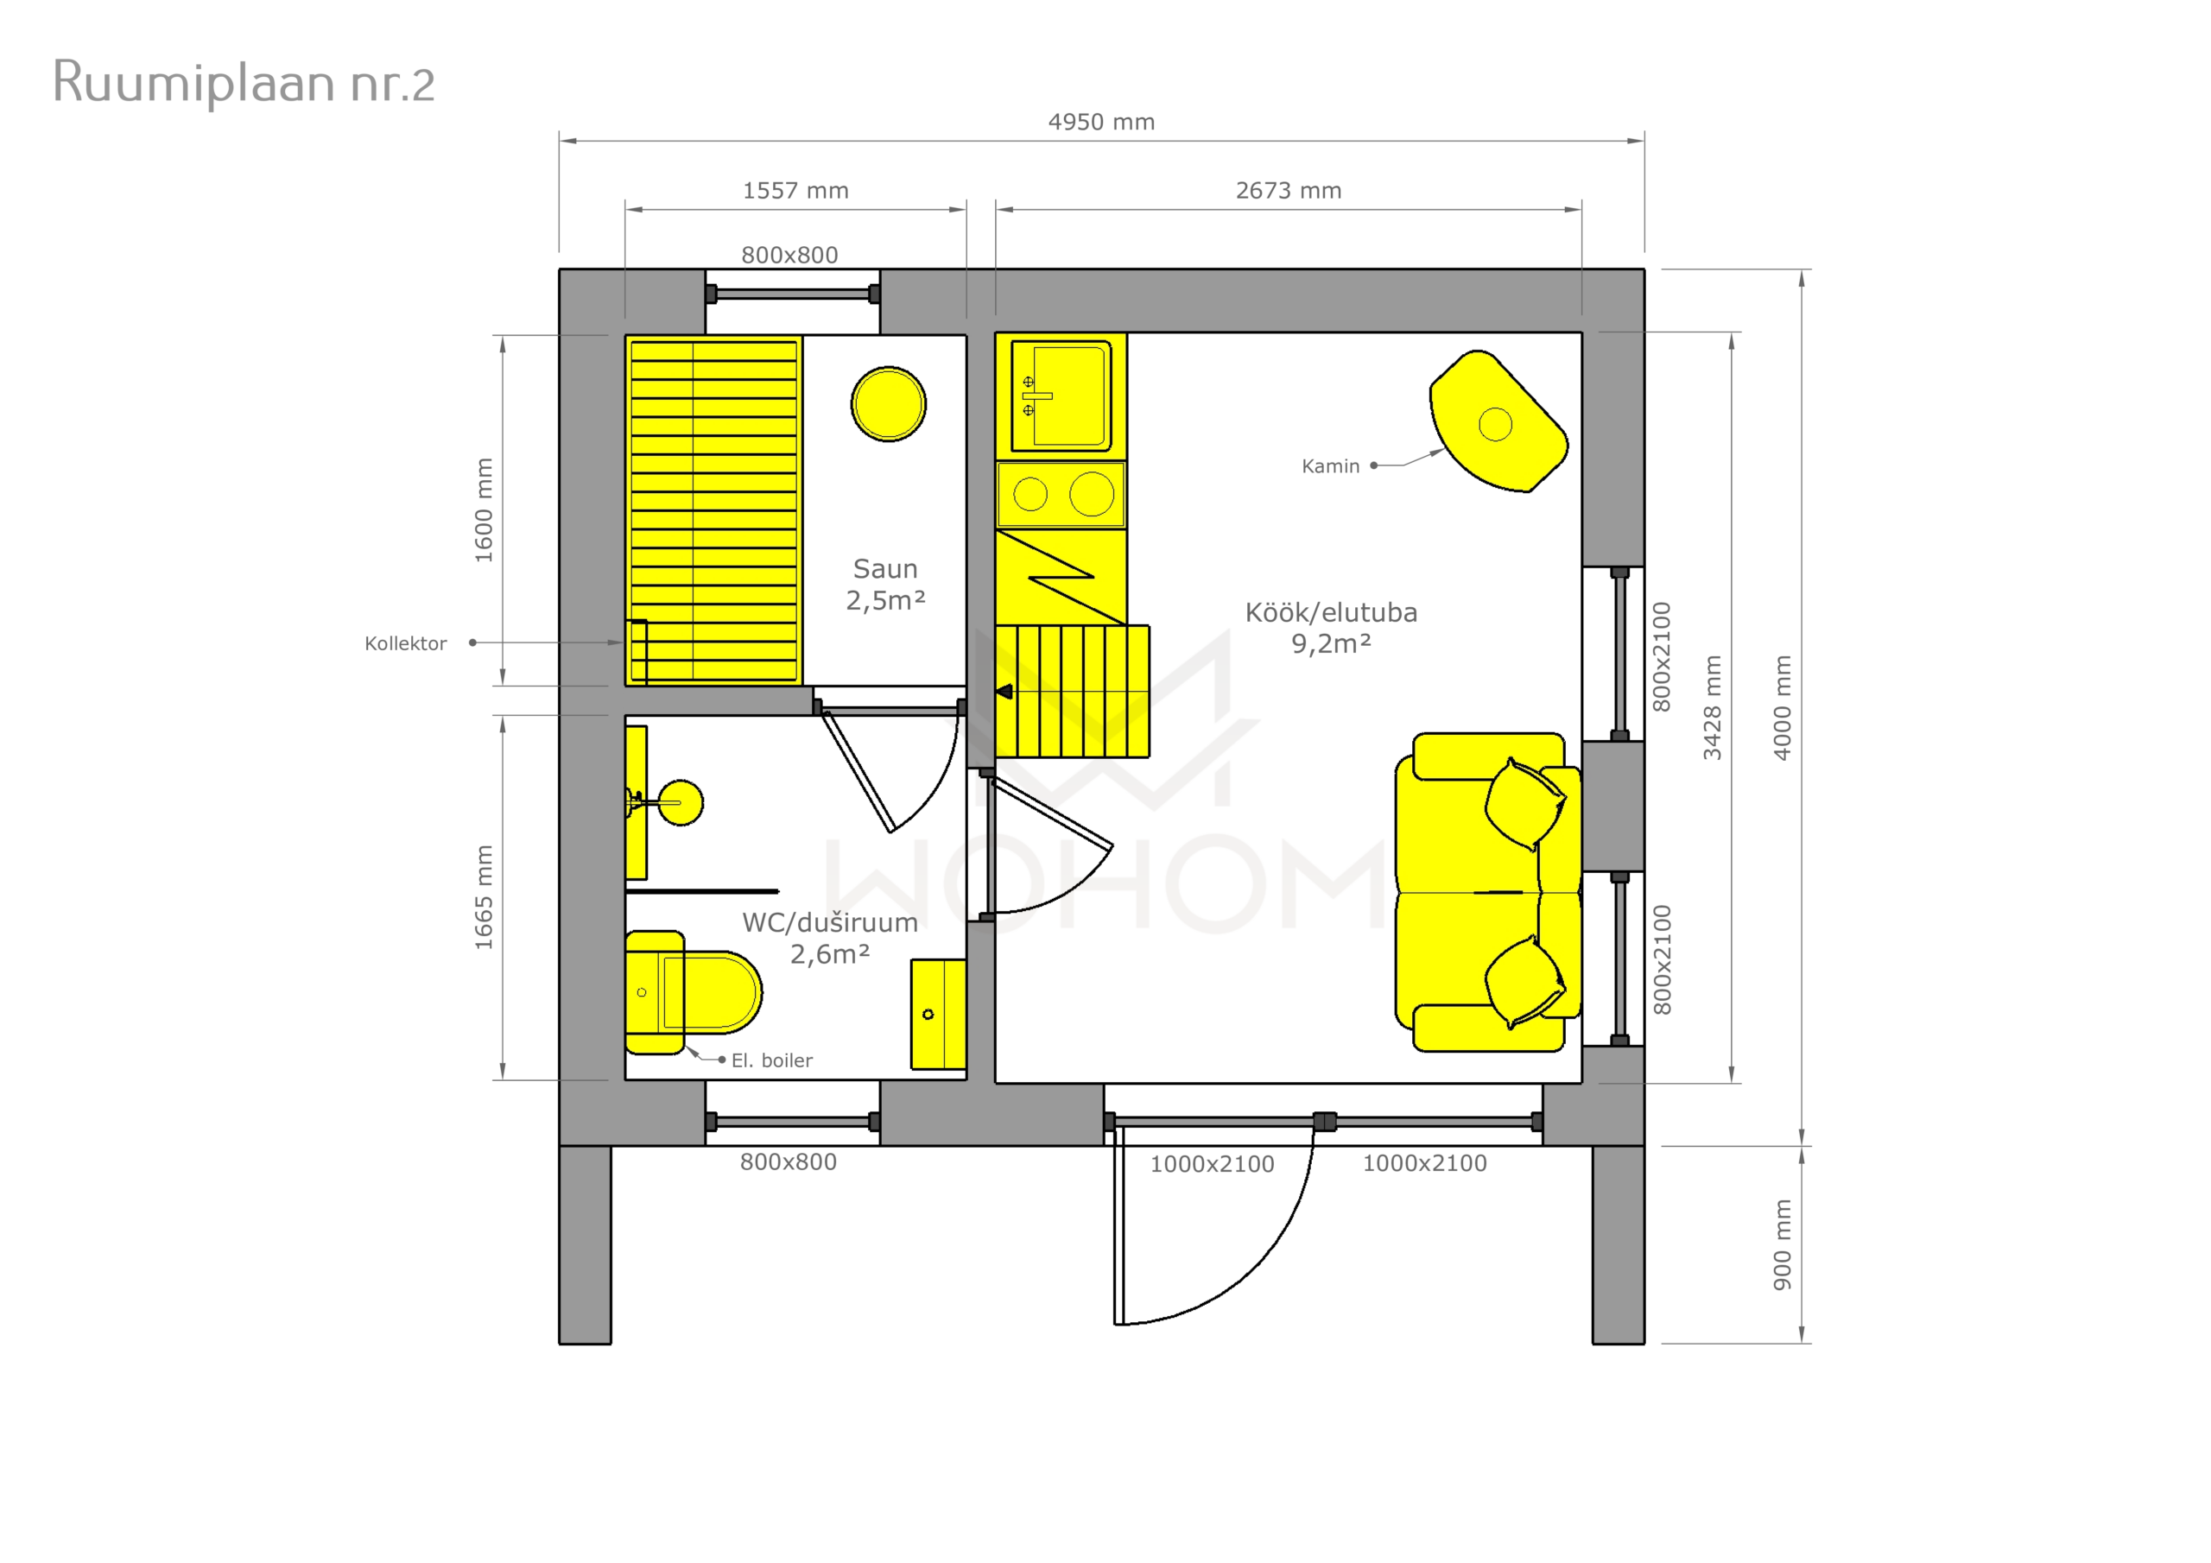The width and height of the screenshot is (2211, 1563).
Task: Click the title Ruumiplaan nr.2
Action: (x=244, y=84)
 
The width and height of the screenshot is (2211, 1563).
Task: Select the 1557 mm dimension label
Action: (x=795, y=191)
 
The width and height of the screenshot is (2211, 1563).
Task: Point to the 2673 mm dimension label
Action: (x=1289, y=191)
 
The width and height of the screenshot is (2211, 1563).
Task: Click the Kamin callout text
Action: (x=1330, y=466)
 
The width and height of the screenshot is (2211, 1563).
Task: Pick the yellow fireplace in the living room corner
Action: (x=1498, y=421)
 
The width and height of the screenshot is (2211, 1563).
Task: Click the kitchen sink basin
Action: (x=1061, y=395)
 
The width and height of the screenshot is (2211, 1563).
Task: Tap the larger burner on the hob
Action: (x=1091, y=494)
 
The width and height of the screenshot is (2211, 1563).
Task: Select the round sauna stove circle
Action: (x=888, y=404)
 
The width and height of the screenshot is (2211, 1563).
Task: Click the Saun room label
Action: (x=885, y=568)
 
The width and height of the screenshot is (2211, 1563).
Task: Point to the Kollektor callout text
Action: (x=405, y=643)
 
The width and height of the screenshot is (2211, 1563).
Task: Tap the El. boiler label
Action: (x=771, y=1060)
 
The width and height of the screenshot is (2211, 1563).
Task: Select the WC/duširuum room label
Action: (x=829, y=922)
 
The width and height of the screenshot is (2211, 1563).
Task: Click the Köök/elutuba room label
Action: (x=1331, y=612)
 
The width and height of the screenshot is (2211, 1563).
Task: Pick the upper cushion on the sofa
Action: (x=1525, y=804)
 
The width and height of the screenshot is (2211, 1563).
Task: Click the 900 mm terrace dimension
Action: (x=1783, y=1244)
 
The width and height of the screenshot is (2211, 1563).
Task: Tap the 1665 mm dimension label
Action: (x=484, y=896)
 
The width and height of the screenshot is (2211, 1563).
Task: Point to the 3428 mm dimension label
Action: (x=1712, y=707)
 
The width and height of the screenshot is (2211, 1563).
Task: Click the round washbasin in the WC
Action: (x=680, y=802)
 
